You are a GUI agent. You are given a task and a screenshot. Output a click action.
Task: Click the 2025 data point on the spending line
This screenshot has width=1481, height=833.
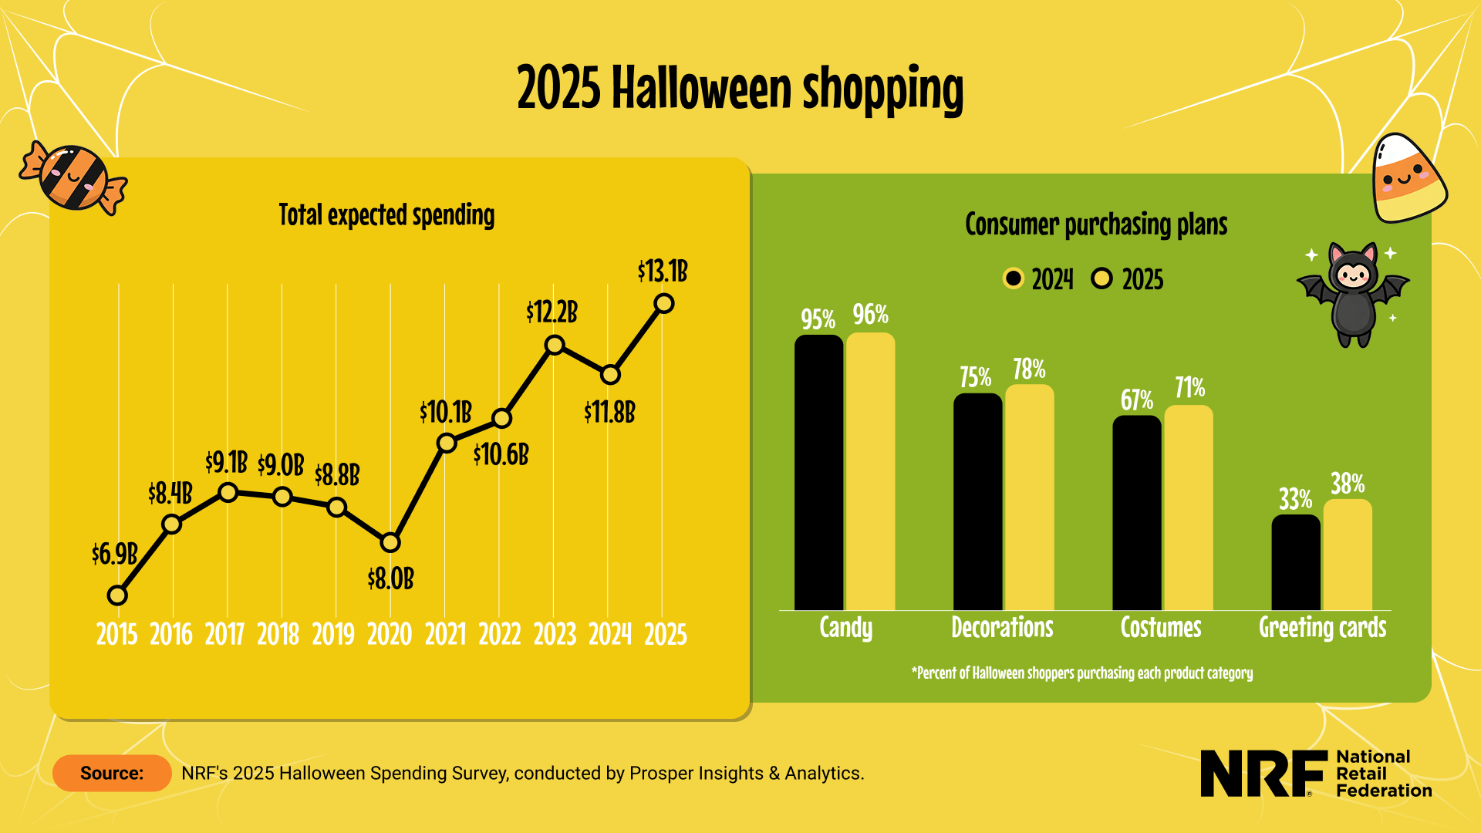[x=663, y=304]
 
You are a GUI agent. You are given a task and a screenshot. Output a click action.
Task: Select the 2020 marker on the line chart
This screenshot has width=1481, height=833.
[x=390, y=543]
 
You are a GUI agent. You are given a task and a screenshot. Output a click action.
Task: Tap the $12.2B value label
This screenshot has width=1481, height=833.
[x=552, y=312]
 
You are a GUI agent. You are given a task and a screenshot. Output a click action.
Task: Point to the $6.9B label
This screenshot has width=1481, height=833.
[x=114, y=554]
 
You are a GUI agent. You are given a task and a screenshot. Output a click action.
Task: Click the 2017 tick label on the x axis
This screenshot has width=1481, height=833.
[x=224, y=635]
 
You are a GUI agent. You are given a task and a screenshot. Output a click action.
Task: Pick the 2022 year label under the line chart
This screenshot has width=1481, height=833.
[x=500, y=635]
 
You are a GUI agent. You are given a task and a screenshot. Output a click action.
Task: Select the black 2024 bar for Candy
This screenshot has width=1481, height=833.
[x=818, y=472]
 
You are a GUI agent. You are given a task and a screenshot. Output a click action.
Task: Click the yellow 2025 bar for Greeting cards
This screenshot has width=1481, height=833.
[x=1348, y=555]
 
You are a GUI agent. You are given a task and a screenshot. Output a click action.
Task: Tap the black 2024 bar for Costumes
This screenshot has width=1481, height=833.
[x=1136, y=513]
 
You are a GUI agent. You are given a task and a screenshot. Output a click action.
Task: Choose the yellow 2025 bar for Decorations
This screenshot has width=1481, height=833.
[x=1029, y=497]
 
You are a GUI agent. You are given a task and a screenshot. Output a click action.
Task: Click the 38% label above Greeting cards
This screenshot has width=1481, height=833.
[x=1348, y=484]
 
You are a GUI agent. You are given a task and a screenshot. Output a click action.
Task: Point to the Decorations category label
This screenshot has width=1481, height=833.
[x=1002, y=628]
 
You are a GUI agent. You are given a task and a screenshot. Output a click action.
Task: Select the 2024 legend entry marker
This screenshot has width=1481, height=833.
[x=1014, y=278]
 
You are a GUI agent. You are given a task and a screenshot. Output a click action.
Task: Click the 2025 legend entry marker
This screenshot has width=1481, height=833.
[x=1102, y=278]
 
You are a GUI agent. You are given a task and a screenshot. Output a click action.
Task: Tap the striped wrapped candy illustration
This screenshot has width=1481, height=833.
[x=74, y=177]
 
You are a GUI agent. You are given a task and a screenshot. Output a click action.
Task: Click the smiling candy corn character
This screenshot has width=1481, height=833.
[x=1406, y=179]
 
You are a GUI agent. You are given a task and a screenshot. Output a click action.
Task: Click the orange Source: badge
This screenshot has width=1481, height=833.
[x=112, y=773]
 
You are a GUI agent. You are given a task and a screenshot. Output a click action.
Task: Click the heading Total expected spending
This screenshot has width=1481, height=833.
[x=386, y=215]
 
